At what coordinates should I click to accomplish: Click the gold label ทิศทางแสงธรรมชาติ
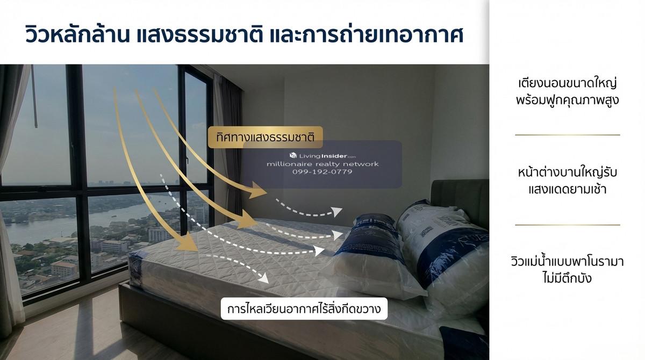pos(265,137)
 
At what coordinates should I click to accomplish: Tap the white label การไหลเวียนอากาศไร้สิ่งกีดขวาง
pos(304,309)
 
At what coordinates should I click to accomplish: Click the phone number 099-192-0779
pos(322,172)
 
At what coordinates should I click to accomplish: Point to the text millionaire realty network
pos(322,164)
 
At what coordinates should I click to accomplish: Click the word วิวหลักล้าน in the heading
pos(77,35)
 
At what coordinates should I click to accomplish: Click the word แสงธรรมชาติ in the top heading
pos(199,35)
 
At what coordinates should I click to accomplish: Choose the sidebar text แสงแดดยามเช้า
pos(567,189)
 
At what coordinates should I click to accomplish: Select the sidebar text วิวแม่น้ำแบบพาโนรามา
pos(567,262)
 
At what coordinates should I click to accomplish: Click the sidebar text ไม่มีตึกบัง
pos(567,278)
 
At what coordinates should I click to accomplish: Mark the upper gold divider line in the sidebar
pos(567,135)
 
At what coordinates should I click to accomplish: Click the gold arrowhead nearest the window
pos(187,243)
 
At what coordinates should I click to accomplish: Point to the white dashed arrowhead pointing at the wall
pos(336,212)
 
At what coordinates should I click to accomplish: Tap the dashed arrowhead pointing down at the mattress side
pos(263,278)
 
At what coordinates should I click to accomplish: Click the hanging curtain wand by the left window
pos(34,96)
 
